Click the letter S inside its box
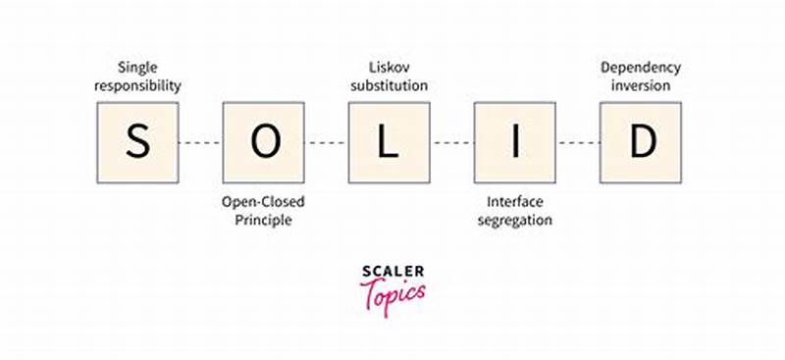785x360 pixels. tap(138, 142)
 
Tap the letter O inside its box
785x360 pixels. tap(264, 142)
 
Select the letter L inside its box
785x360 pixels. tap(390, 142)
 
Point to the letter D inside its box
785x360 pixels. tap(642, 142)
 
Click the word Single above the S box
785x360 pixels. tap(138, 67)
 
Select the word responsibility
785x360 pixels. tap(138, 85)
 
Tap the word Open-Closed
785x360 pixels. tap(263, 201)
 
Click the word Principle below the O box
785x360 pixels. tap(263, 220)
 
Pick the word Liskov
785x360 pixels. tap(390, 67)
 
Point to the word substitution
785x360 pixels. tap(390, 85)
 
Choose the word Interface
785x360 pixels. tap(515, 201)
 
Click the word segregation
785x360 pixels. tap(515, 220)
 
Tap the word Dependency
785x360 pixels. tap(641, 67)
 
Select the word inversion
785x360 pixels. tap(641, 85)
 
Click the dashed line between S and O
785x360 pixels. tap(201, 142)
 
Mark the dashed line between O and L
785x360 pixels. tap(327, 142)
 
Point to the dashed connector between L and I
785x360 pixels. tap(452, 142)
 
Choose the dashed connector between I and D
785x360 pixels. tap(579, 142)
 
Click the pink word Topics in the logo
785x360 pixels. tap(392, 292)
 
